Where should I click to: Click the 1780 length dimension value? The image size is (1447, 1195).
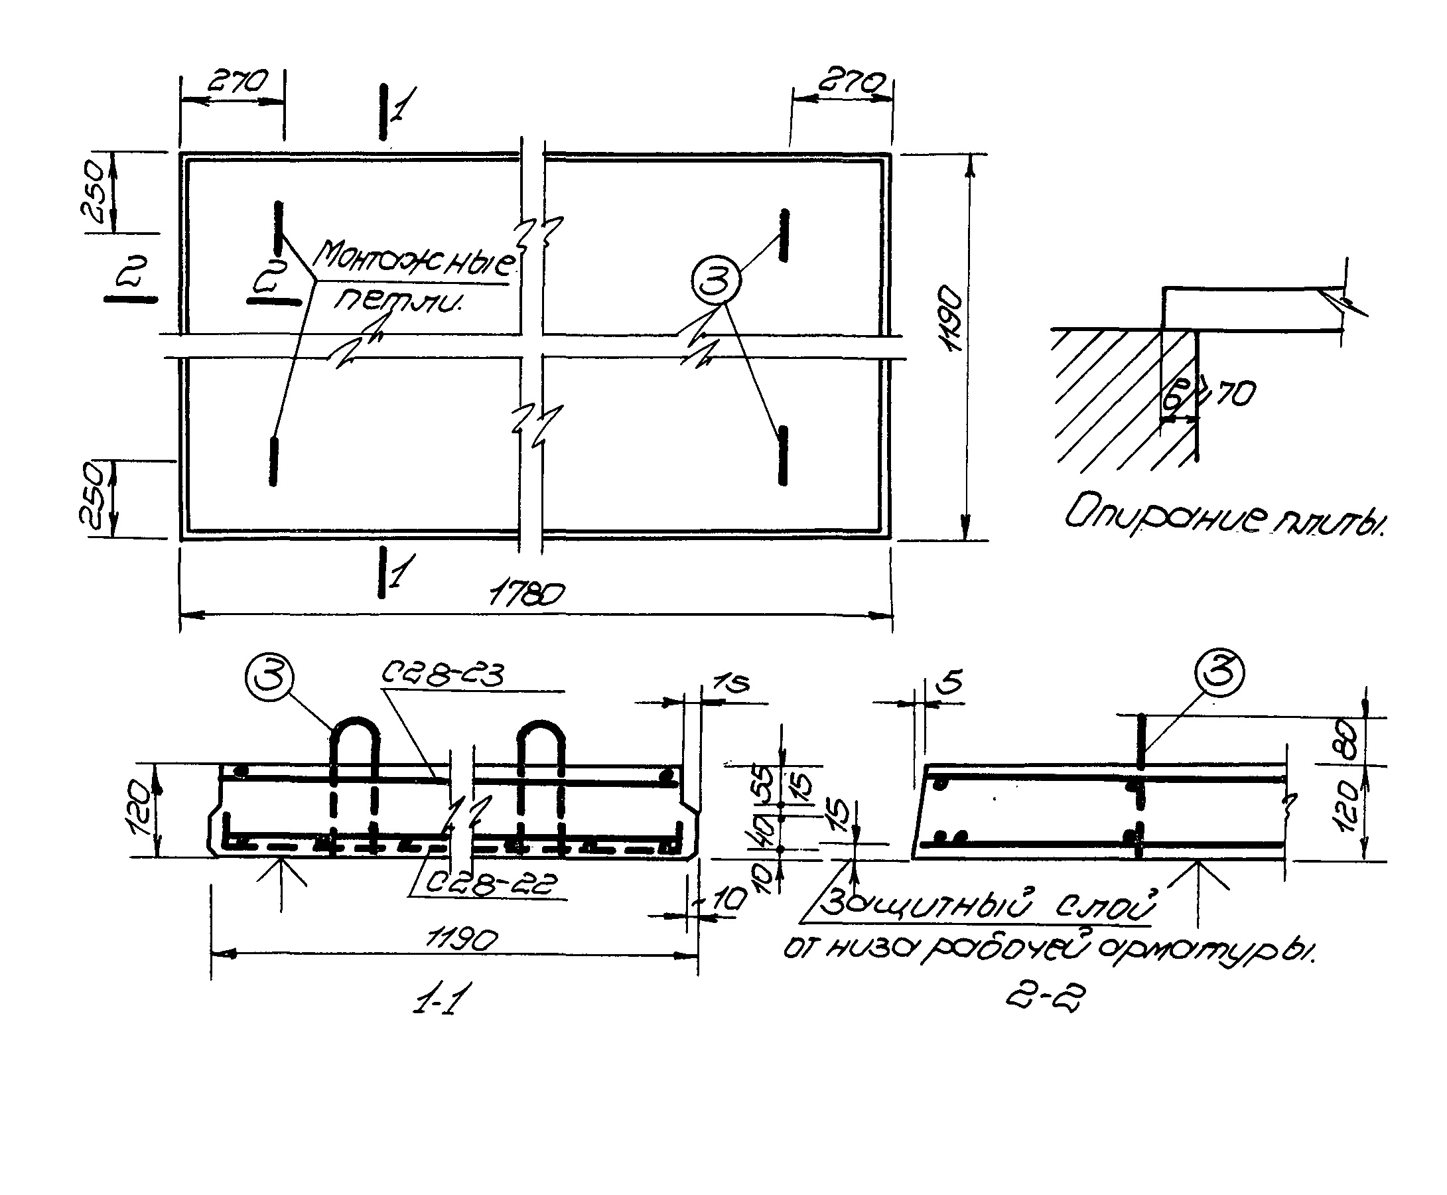[526, 593]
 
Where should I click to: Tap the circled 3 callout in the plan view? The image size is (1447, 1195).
[716, 281]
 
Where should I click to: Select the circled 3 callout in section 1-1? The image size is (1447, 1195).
[269, 677]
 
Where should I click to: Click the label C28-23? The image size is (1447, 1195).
[443, 675]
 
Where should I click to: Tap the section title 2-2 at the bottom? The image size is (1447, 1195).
[1045, 995]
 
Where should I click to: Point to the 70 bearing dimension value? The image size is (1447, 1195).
[1235, 393]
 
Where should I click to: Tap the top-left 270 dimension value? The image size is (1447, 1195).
[236, 82]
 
